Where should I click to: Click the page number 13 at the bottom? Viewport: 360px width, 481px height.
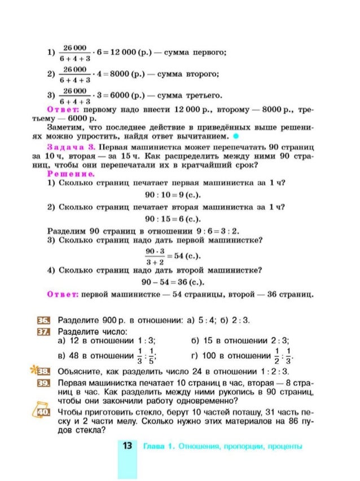[128, 446]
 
